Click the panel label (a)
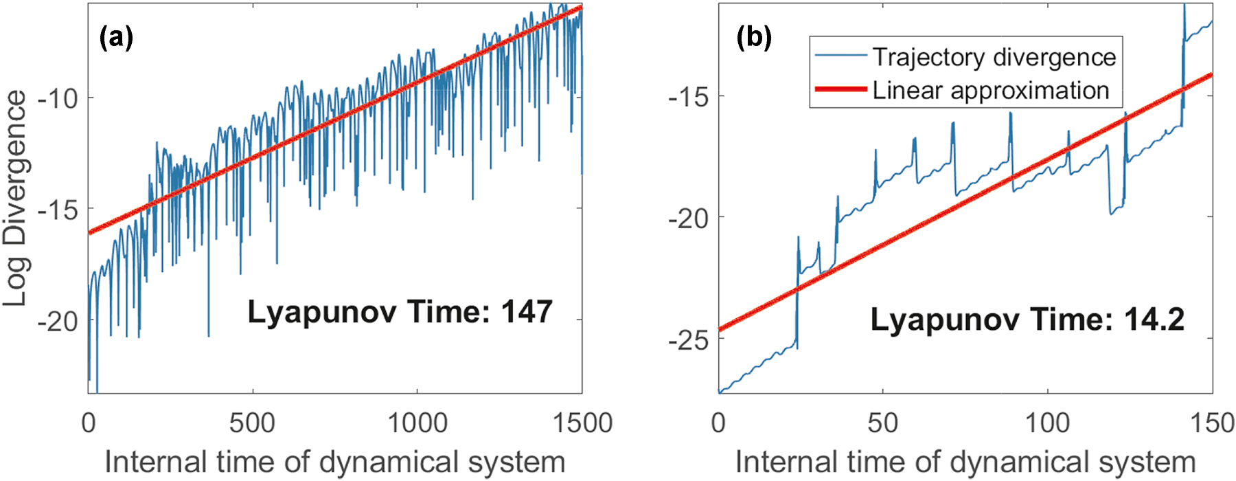tap(116, 37)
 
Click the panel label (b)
tap(754, 37)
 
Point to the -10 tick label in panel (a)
tap(58, 98)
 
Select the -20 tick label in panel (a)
tap(58, 321)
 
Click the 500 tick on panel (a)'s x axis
tap(252, 423)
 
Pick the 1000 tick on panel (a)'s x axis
tap(417, 423)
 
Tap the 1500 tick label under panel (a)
tap(582, 423)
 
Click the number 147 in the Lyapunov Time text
tap(527, 312)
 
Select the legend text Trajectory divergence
tap(994, 57)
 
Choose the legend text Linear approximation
tap(991, 90)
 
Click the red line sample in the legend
tap(840, 89)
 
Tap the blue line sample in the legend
tap(840, 56)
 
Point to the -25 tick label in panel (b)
tap(688, 339)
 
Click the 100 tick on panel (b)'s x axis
tap(1047, 423)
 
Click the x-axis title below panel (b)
tap(965, 462)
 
